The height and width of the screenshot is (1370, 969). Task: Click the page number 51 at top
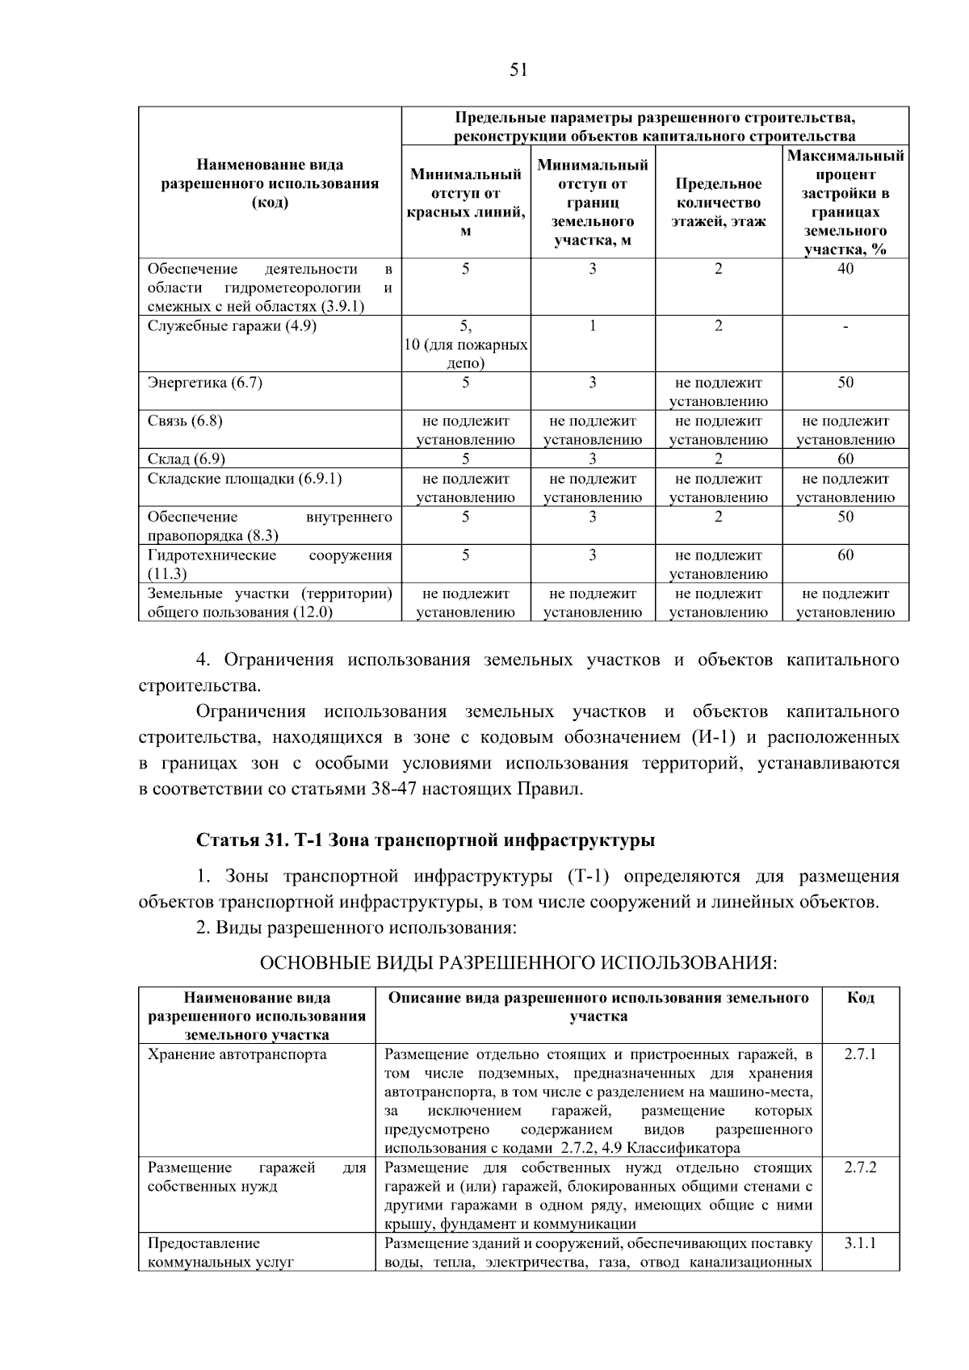pos(518,70)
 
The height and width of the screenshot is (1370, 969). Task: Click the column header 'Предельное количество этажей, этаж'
pos(718,203)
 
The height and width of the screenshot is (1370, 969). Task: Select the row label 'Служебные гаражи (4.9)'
pos(232,325)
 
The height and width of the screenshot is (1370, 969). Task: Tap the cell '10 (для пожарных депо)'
pos(466,354)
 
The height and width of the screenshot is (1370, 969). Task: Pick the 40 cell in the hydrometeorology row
pos(845,269)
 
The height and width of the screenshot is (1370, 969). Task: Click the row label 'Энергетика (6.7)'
pos(205,383)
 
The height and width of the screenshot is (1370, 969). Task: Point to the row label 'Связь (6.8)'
pos(185,421)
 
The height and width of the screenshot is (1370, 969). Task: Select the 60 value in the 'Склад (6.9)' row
pos(845,459)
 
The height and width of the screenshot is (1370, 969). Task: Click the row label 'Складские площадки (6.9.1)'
pos(245,479)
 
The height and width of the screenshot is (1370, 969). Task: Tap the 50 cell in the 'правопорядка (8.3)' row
pos(845,517)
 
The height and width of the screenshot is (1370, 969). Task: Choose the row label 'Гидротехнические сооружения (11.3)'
pos(270,564)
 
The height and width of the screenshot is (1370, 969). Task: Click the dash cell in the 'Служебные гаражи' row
pos(845,326)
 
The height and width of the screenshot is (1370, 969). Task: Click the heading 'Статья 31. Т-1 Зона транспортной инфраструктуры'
pos(426,840)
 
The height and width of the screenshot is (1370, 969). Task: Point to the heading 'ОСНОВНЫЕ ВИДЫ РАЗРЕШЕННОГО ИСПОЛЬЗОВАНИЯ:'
pos(518,963)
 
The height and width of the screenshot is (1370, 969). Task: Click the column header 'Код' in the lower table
pos(860,998)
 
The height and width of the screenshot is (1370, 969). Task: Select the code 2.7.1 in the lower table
pos(860,1054)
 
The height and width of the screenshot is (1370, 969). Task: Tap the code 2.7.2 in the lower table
pos(860,1168)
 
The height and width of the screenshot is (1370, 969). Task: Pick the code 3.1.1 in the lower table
pos(860,1244)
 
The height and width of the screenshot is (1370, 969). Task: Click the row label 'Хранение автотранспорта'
pos(237,1054)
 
